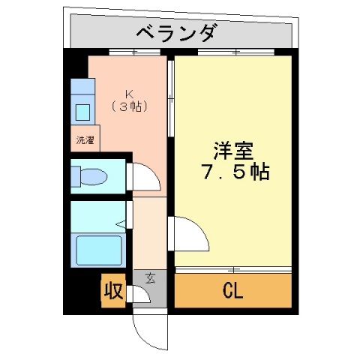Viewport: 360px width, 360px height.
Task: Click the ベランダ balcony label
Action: tap(178, 33)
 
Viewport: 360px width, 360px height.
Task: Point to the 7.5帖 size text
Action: tap(234, 172)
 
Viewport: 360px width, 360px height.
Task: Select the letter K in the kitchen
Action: tap(129, 94)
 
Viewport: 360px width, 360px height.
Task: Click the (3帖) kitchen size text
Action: tap(129, 106)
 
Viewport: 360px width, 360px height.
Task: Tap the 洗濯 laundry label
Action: tap(84, 139)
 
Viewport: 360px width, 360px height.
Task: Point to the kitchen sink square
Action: tap(83, 113)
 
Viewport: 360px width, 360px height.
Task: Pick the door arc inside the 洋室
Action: tap(191, 236)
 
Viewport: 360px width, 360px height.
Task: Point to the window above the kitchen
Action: tap(127, 52)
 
